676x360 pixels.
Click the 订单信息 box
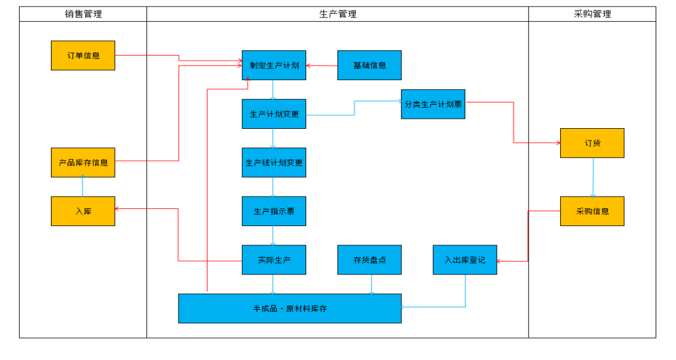tap(83, 56)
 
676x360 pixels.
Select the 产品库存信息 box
tap(83, 162)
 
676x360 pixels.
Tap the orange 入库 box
tap(83, 211)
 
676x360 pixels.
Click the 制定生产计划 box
tap(274, 65)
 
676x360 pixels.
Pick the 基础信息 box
tap(369, 65)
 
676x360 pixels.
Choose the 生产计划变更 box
tap(274, 114)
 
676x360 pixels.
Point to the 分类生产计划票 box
tap(433, 104)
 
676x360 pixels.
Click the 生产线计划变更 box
tap(274, 162)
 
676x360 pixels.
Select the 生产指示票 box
tap(274, 211)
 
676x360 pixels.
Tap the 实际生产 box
tap(274, 259)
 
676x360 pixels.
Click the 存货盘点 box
tap(369, 259)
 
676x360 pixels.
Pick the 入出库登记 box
tap(465, 259)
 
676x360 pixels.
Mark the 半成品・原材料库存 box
tap(290, 308)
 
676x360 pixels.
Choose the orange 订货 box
tap(592, 143)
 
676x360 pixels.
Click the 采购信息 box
tap(592, 211)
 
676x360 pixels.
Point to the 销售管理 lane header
tap(83, 14)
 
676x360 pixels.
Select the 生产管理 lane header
tap(338, 14)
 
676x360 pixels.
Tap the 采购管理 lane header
tap(592, 14)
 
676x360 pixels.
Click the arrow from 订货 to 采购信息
tap(593, 177)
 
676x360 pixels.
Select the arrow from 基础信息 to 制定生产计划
tap(322, 66)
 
